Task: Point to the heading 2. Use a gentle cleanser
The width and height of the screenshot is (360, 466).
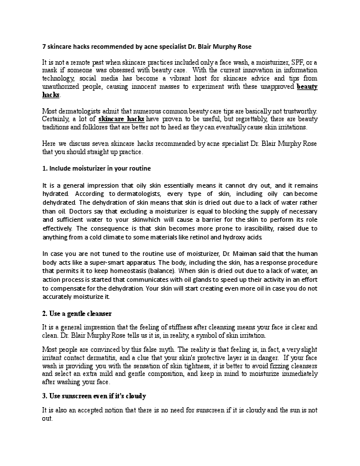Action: pyautogui.click(x=76, y=313)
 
